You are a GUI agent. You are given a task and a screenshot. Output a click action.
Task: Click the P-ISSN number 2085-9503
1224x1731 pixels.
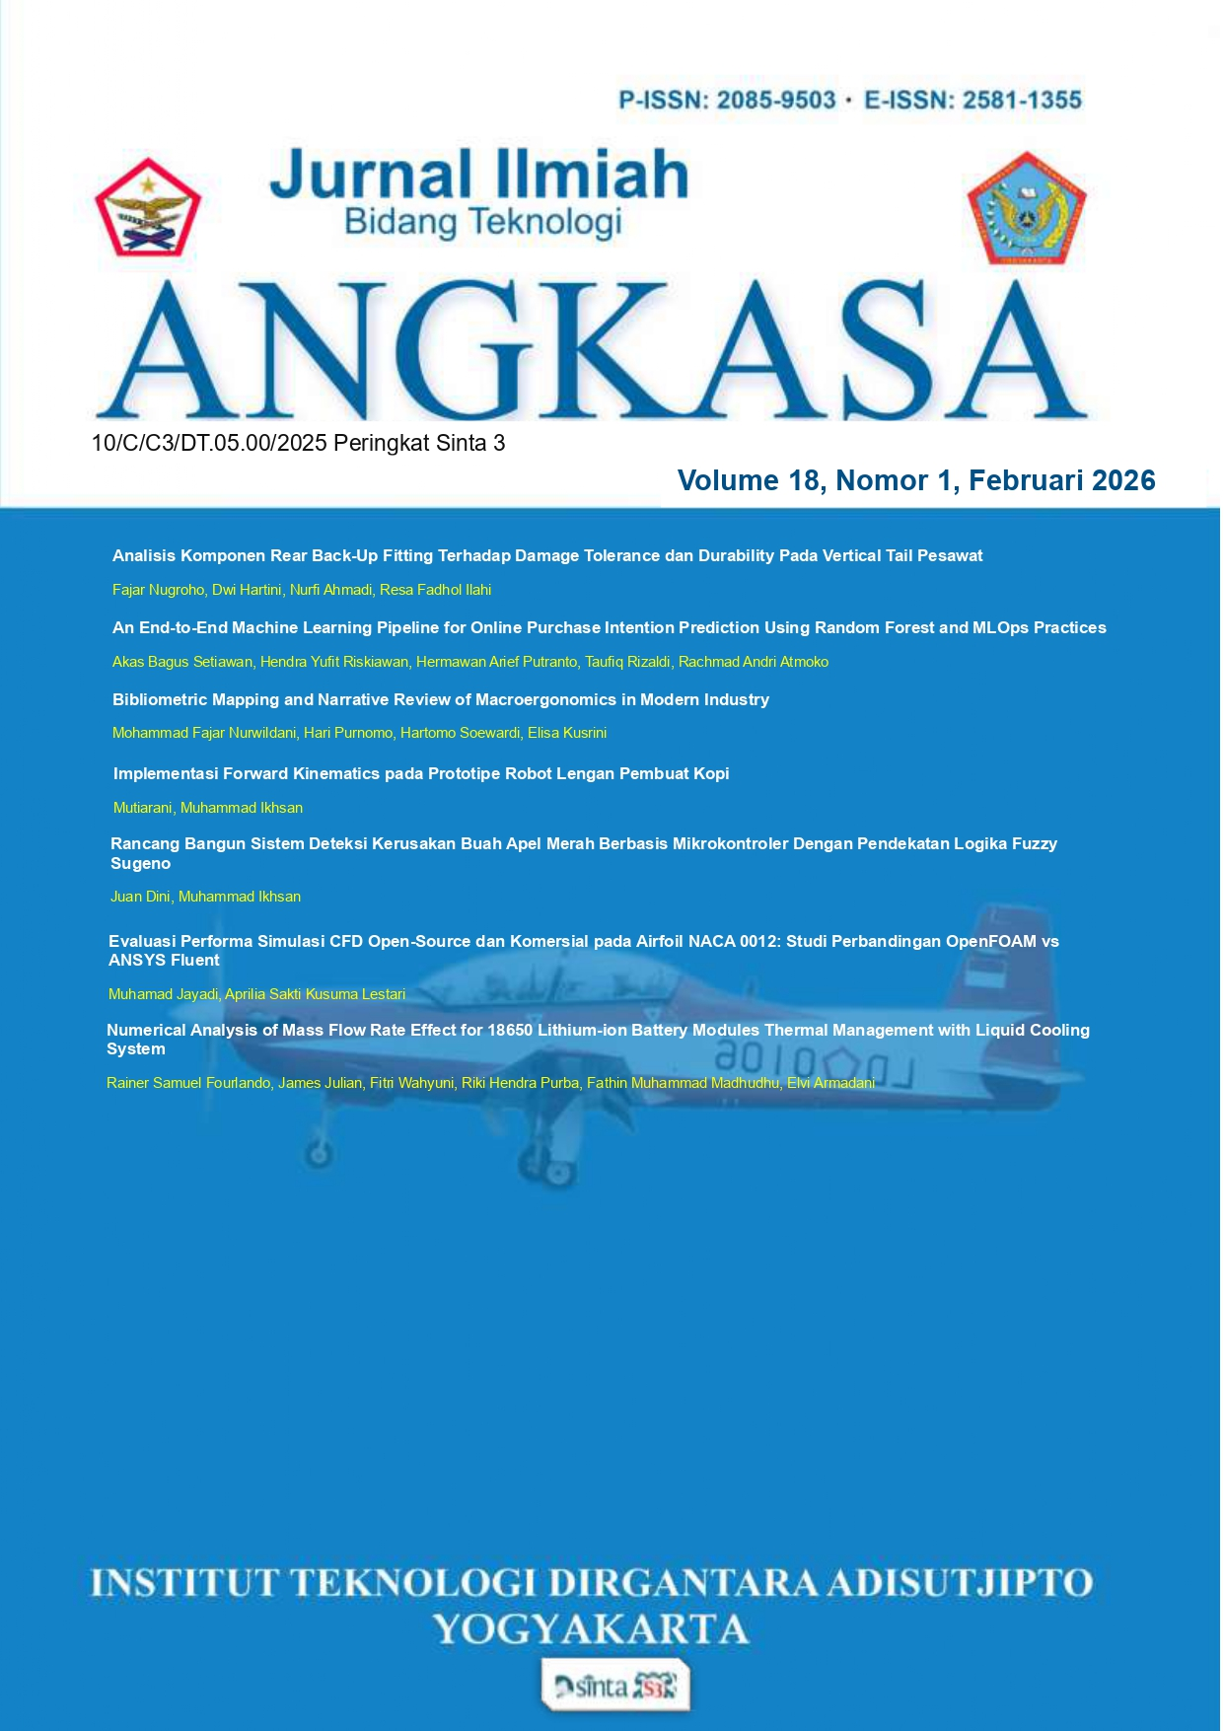pyautogui.click(x=776, y=101)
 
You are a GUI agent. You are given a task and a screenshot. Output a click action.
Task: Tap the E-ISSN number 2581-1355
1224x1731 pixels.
pyautogui.click(x=1022, y=101)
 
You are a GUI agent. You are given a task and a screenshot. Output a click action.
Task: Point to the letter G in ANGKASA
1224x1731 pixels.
pyautogui.click(x=464, y=350)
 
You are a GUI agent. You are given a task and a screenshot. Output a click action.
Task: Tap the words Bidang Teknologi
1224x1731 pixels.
pyautogui.click(x=482, y=223)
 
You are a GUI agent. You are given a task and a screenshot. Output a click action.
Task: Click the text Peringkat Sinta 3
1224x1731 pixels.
pyautogui.click(x=419, y=444)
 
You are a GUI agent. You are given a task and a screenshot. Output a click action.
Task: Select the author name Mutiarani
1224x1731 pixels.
pyautogui.click(x=143, y=808)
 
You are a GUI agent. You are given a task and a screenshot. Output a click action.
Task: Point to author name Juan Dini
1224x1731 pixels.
pyautogui.click(x=140, y=897)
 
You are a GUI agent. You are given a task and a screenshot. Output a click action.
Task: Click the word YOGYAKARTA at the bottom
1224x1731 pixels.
pyautogui.click(x=591, y=1629)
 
